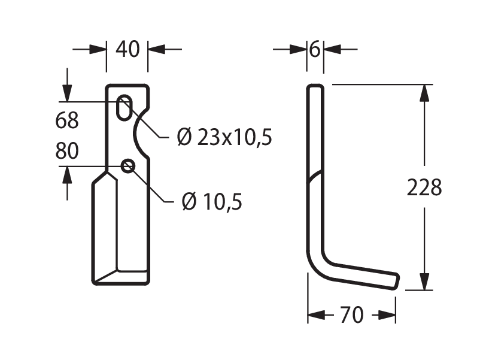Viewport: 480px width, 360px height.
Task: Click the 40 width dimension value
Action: (x=127, y=49)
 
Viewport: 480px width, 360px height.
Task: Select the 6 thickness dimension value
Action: (x=315, y=49)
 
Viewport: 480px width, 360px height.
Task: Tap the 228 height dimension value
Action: (x=424, y=187)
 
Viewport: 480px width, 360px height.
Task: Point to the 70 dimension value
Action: (x=352, y=314)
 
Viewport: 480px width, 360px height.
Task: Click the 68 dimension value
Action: (x=67, y=120)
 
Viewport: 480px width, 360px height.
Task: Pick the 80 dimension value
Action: (x=67, y=150)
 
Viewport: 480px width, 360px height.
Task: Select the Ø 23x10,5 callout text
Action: (x=224, y=137)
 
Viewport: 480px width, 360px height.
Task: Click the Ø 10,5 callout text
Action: (x=212, y=202)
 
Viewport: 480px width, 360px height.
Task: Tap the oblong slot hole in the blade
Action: (x=124, y=108)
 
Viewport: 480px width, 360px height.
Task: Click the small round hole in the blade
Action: (x=128, y=166)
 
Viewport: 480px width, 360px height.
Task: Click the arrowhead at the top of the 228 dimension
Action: (x=424, y=92)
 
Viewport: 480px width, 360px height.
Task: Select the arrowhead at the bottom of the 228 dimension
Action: (x=424, y=282)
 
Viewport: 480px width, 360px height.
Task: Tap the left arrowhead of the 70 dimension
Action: (x=316, y=314)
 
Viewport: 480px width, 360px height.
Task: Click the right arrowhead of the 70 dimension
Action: (x=387, y=314)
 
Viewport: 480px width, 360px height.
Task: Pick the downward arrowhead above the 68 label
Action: (x=67, y=92)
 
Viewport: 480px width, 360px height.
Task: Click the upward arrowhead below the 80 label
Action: (x=67, y=175)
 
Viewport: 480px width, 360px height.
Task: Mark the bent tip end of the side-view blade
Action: (x=396, y=281)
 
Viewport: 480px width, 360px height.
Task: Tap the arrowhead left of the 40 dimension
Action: (x=98, y=49)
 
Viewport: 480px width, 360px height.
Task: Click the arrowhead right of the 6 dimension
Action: (x=332, y=49)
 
